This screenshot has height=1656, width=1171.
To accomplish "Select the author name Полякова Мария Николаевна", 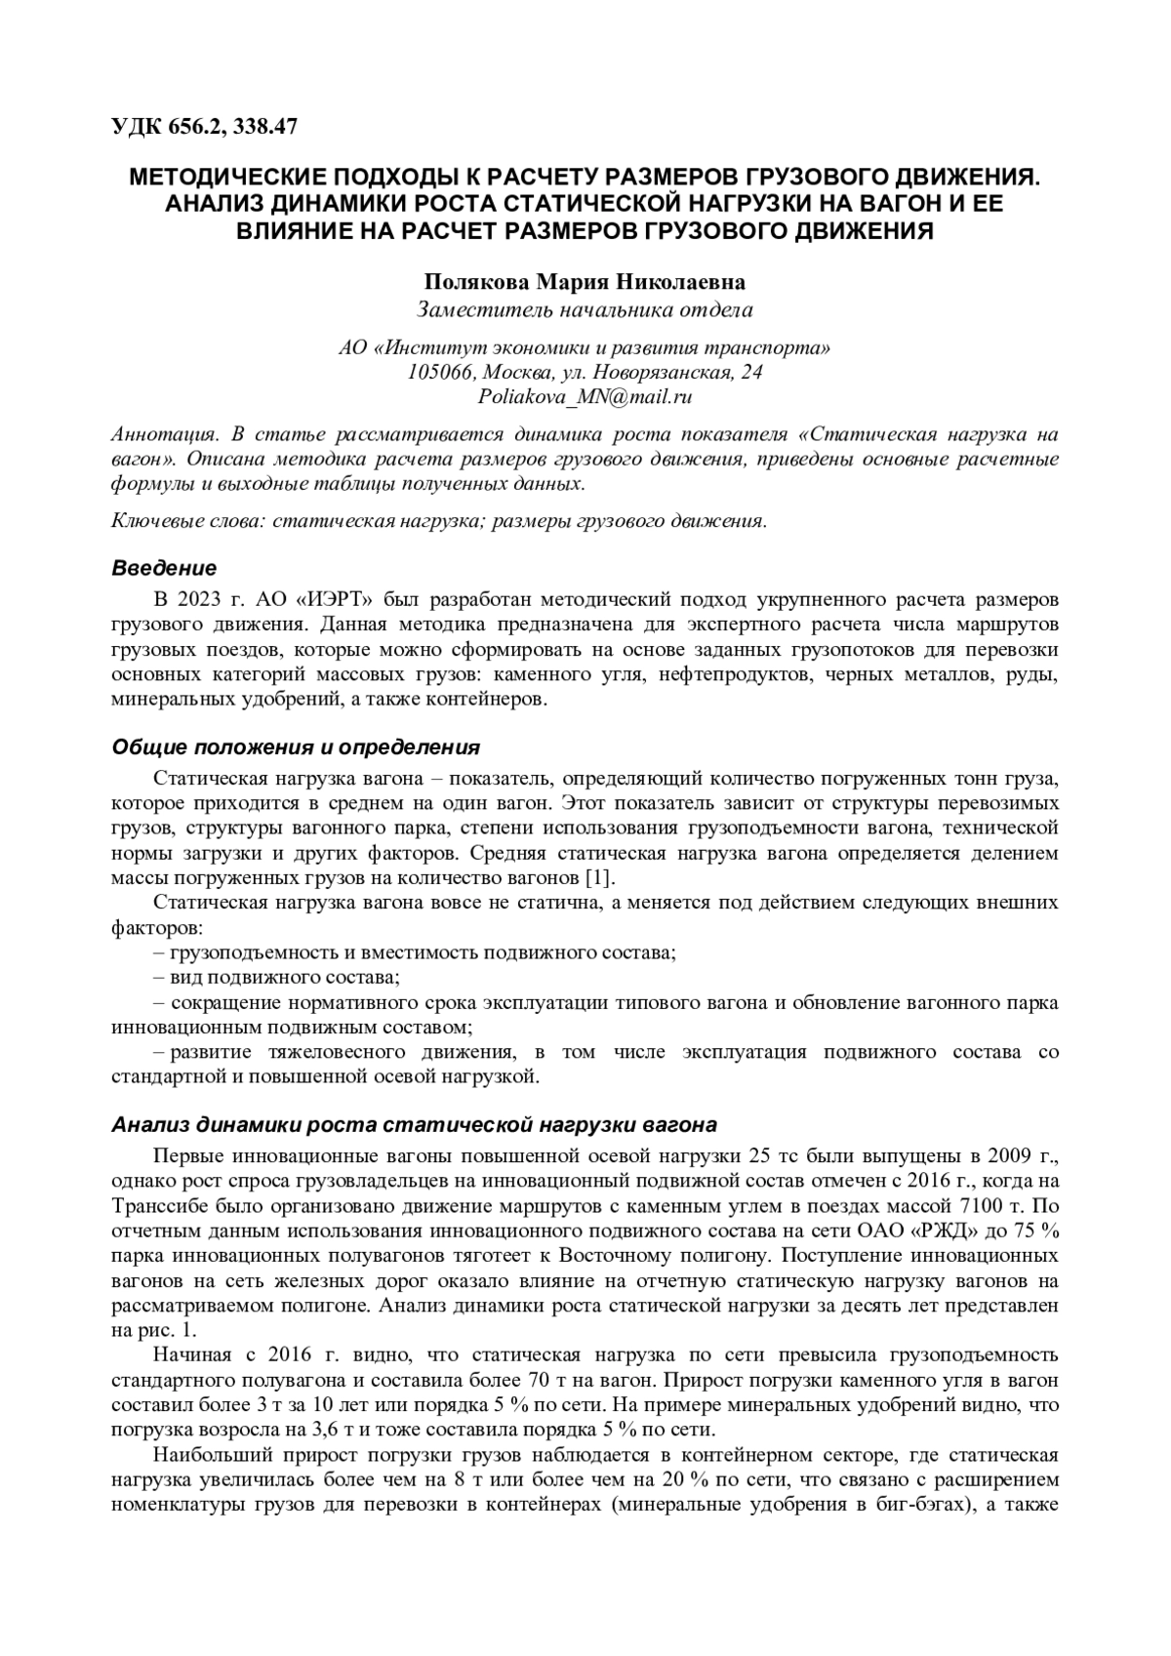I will [585, 283].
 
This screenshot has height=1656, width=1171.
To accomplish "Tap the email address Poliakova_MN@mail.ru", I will [585, 397].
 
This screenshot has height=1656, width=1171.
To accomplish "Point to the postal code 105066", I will [439, 373].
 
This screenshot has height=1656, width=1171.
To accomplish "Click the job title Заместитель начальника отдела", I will [585, 311].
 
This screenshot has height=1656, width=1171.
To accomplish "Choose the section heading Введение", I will [164, 568].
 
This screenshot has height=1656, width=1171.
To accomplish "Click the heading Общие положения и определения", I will [296, 748].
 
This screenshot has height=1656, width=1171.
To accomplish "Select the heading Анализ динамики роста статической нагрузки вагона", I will [415, 1123].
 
